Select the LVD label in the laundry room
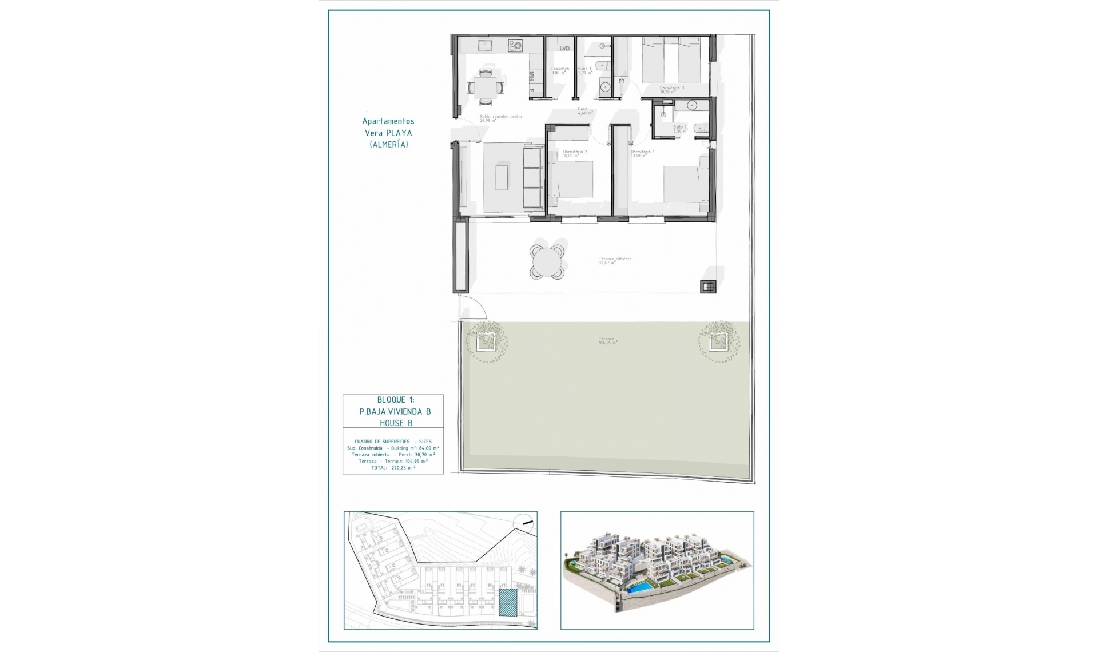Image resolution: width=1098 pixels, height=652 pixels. pyautogui.click(x=564, y=49)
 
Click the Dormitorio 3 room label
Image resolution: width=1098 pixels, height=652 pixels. pyautogui.click(x=671, y=90)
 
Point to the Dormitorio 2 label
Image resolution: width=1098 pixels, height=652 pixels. pyautogui.click(x=574, y=153)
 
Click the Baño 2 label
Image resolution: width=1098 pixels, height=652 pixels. pyautogui.click(x=679, y=129)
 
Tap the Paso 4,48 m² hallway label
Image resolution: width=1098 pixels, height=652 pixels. pyautogui.click(x=584, y=111)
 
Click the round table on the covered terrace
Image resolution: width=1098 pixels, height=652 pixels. pyautogui.click(x=547, y=262)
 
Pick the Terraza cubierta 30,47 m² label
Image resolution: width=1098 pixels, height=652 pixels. pyautogui.click(x=614, y=260)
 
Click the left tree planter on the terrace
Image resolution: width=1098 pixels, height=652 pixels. pyautogui.click(x=486, y=342)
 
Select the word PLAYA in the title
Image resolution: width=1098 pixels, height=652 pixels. pyautogui.click(x=399, y=133)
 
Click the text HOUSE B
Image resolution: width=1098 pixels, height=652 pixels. pyautogui.click(x=396, y=423)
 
